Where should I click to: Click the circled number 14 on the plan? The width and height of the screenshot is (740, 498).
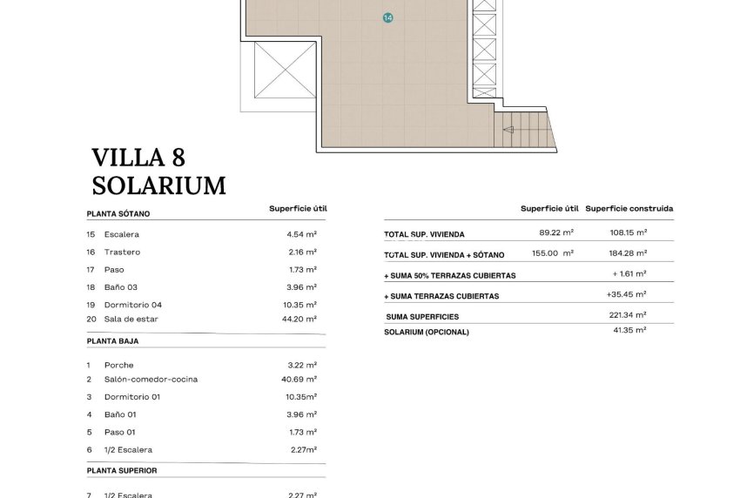[x=388, y=17]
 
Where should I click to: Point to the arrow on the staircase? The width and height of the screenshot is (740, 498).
[x=508, y=130]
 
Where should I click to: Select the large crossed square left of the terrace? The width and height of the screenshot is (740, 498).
[x=284, y=70]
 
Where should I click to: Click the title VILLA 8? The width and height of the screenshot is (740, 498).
[x=138, y=158]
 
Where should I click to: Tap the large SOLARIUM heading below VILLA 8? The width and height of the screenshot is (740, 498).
[x=158, y=185]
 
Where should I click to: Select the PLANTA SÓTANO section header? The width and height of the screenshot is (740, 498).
[x=118, y=213]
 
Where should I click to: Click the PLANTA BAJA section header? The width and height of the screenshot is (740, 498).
[x=112, y=341]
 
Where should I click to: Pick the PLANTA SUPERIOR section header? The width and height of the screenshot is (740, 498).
[x=122, y=470]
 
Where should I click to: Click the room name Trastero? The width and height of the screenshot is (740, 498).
[x=122, y=252]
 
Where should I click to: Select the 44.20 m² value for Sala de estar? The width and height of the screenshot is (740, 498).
[x=301, y=319]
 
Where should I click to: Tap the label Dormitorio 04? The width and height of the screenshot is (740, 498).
[x=132, y=305]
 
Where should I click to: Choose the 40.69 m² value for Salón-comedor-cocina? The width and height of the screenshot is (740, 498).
[x=301, y=379]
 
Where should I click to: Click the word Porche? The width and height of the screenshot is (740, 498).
[x=119, y=365]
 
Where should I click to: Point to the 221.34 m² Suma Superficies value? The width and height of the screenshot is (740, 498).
[x=628, y=315]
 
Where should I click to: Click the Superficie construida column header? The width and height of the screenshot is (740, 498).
[x=629, y=209]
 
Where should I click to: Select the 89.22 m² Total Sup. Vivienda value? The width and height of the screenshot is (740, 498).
[x=556, y=232]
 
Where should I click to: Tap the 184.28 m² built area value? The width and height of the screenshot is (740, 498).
[x=628, y=252]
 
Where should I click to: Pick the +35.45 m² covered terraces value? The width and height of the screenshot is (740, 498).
[x=626, y=294]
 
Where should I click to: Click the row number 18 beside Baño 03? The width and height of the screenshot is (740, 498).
[x=91, y=287]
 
